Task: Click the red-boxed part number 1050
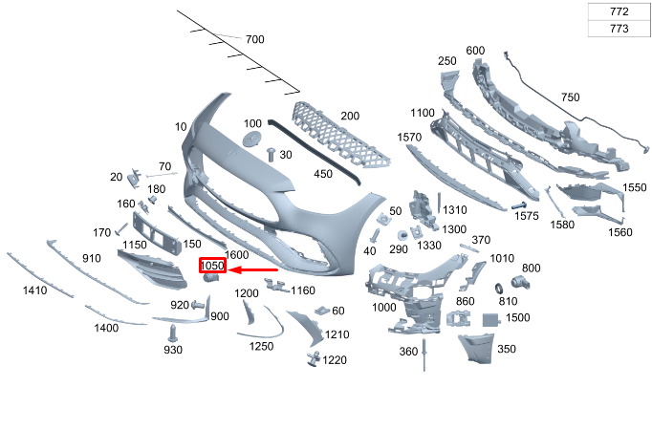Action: click(x=212, y=266)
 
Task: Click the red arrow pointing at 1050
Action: click(x=252, y=270)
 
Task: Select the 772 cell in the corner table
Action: click(x=619, y=11)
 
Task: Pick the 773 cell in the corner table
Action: click(x=619, y=29)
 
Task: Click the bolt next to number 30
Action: click(x=272, y=155)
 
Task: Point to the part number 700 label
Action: click(x=255, y=39)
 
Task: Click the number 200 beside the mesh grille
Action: click(x=350, y=116)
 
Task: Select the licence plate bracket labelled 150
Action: click(x=157, y=233)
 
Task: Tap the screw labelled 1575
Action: click(x=518, y=205)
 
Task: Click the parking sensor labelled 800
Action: click(x=520, y=283)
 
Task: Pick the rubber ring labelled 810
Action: click(x=499, y=289)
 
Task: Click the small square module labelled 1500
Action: click(x=491, y=319)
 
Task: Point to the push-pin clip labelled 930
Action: click(x=172, y=333)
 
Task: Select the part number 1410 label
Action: click(x=35, y=290)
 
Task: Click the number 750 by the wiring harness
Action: click(x=570, y=97)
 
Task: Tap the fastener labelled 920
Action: click(x=198, y=306)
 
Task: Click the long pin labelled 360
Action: click(x=424, y=355)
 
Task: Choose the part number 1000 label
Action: click(x=383, y=308)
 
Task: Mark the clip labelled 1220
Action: click(x=314, y=358)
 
